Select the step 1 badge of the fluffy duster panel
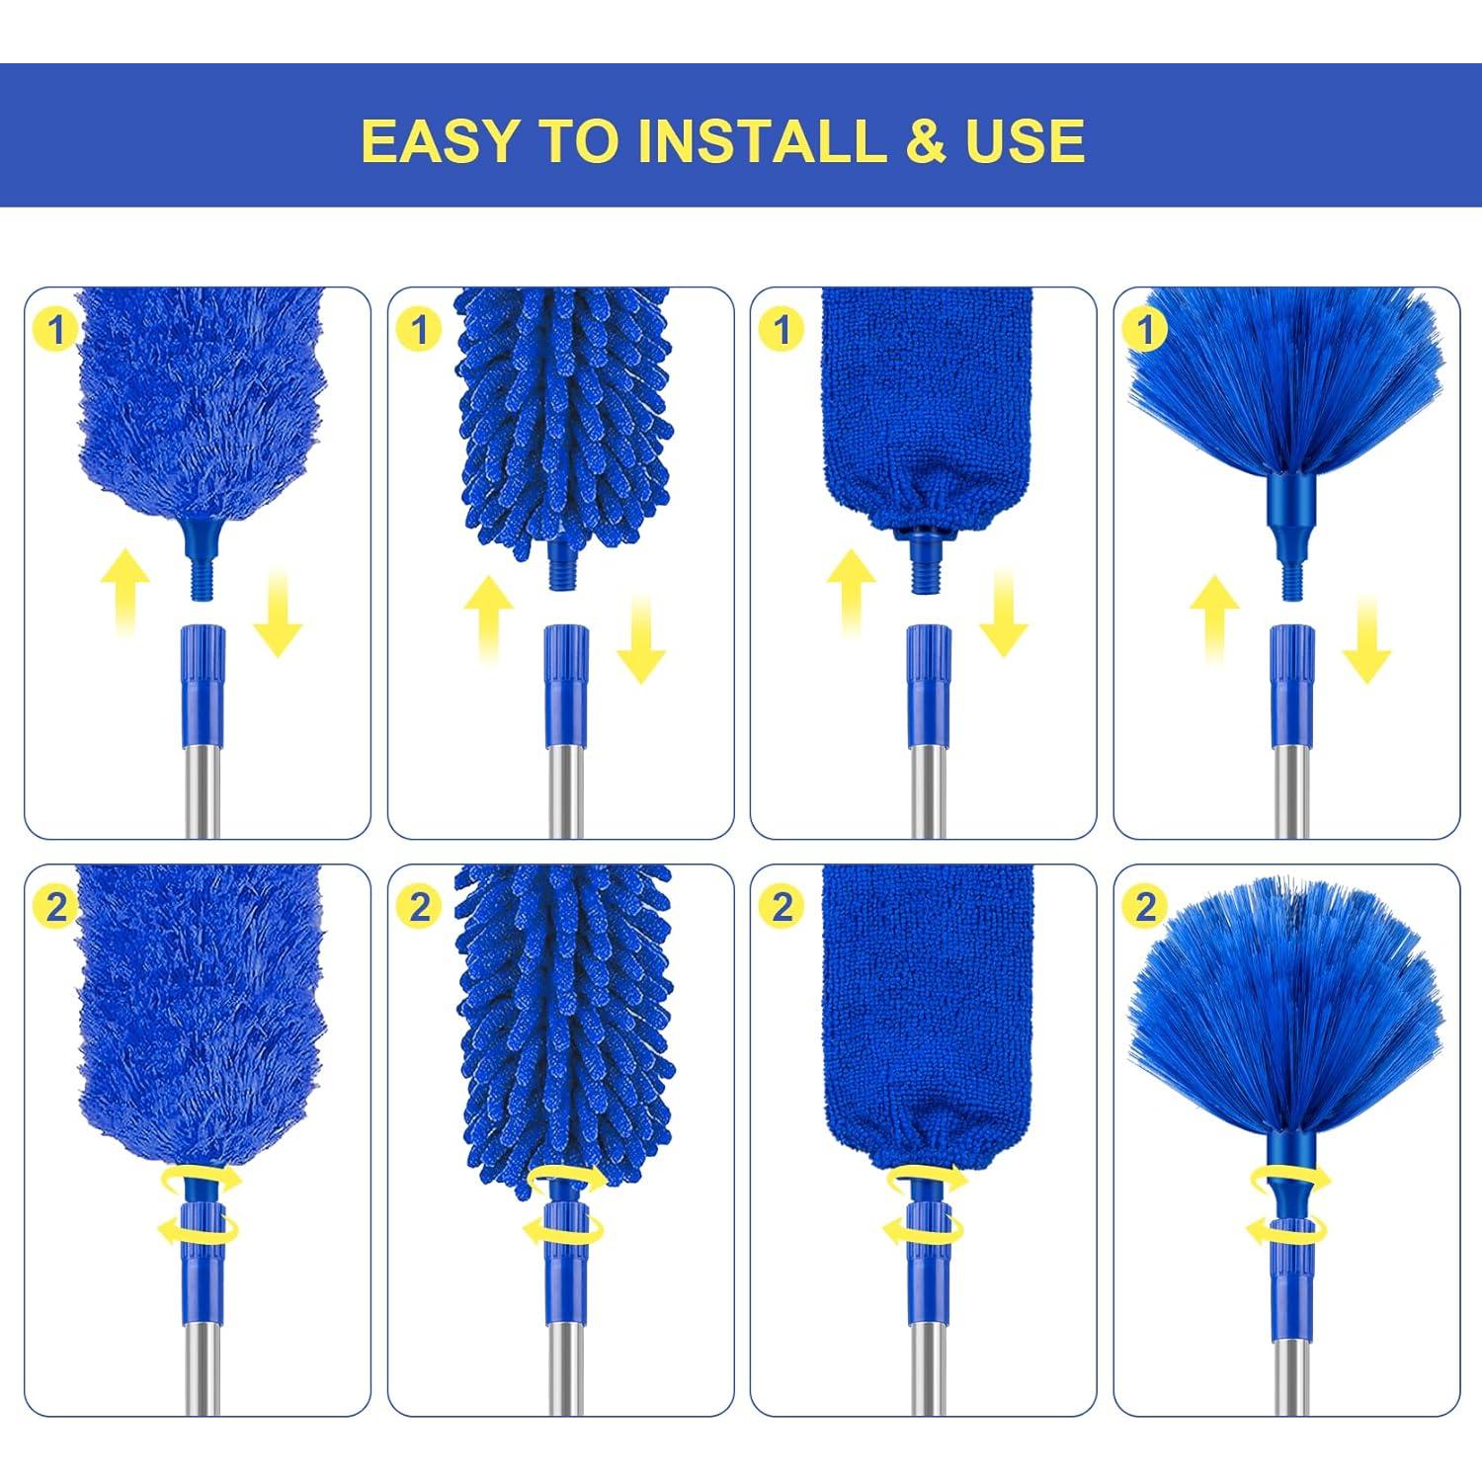(56, 329)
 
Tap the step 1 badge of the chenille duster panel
(419, 329)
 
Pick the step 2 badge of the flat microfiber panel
(782, 906)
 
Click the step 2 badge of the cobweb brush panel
(1145, 906)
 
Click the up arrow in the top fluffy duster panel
(124, 594)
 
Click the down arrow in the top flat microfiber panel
(1003, 617)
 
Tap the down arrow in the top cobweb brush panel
(1366, 641)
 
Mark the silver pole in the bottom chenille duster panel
(566, 1363)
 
